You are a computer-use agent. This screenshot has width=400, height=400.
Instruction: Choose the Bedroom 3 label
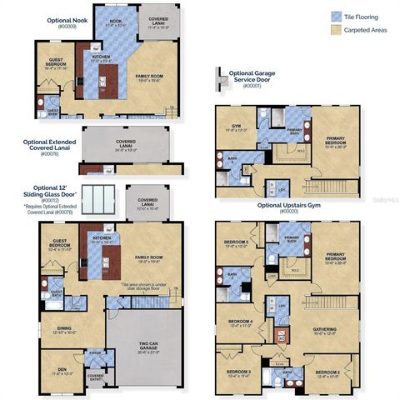pos(238,372)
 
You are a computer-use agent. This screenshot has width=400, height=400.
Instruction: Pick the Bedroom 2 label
pos(327,372)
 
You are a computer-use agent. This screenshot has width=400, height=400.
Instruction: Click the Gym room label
pos(232,129)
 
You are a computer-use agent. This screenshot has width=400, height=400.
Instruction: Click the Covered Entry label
pos(96,377)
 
